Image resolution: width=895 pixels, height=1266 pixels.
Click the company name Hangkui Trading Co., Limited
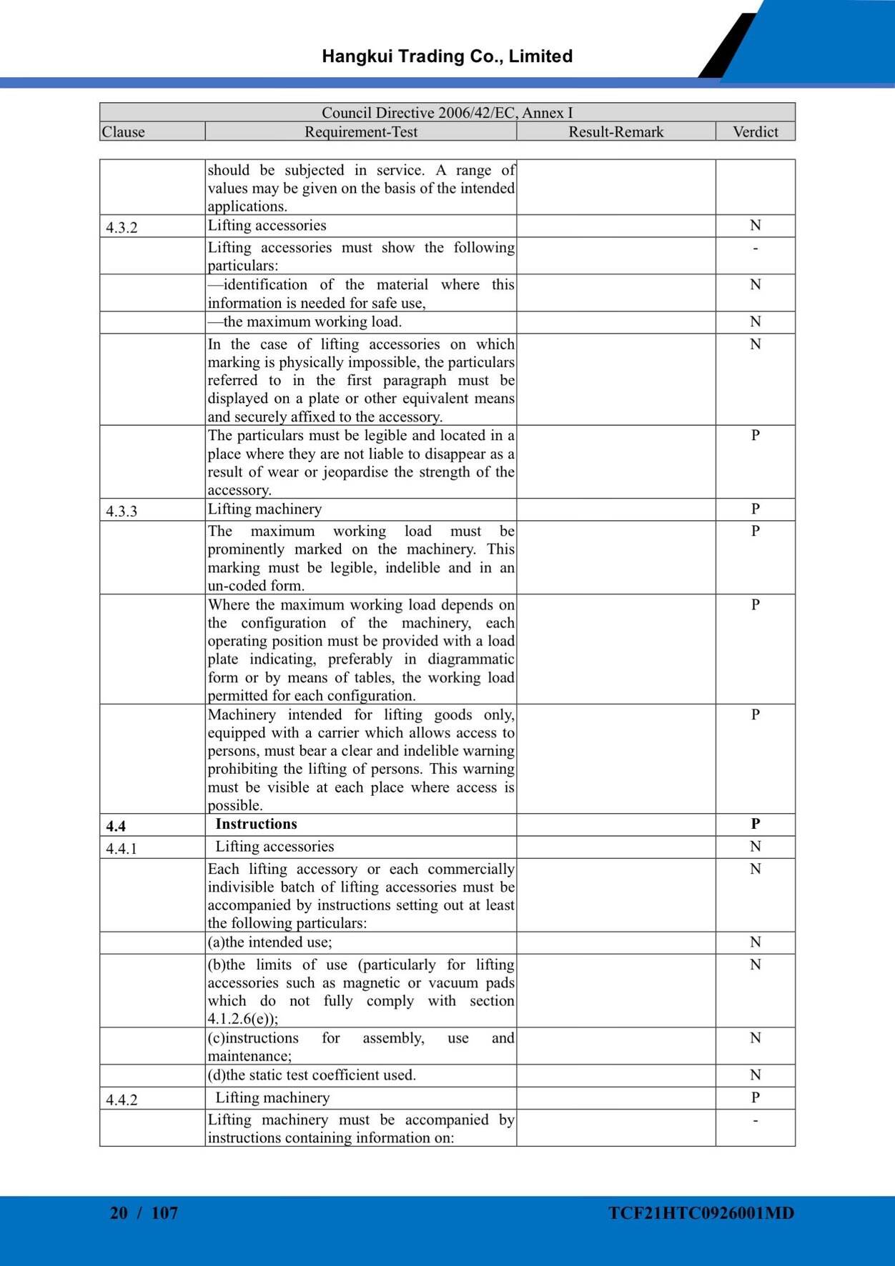tap(447, 56)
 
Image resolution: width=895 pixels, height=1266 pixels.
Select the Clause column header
tap(123, 132)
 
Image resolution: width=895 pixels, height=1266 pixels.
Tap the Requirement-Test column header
tap(360, 132)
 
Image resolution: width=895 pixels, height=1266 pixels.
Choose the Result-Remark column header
tap(615, 132)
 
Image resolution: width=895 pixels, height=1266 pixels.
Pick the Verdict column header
tap(755, 132)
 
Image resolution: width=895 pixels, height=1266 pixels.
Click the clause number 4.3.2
tap(122, 228)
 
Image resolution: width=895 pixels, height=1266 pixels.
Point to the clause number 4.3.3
tap(122, 512)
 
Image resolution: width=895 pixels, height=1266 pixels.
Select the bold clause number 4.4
tap(116, 827)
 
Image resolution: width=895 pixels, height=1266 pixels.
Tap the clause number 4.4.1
tap(122, 849)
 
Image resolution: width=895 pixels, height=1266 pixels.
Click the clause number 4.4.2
tap(122, 1100)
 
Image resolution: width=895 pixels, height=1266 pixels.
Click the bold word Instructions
tap(256, 824)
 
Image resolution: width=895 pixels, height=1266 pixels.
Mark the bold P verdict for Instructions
tap(755, 824)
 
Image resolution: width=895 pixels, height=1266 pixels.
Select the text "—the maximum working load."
tap(305, 322)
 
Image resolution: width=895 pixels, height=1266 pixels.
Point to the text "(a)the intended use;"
tap(270, 942)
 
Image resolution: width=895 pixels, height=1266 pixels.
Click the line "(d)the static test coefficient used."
tap(312, 1075)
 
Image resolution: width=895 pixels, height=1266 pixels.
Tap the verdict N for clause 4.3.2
tap(755, 226)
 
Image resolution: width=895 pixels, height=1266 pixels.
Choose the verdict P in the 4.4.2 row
tap(755, 1097)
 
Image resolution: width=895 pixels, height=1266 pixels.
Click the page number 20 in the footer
tap(119, 1213)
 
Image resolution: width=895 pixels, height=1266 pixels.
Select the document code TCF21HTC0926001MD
tap(701, 1213)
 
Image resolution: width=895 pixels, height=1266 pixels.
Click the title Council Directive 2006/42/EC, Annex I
tap(447, 113)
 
